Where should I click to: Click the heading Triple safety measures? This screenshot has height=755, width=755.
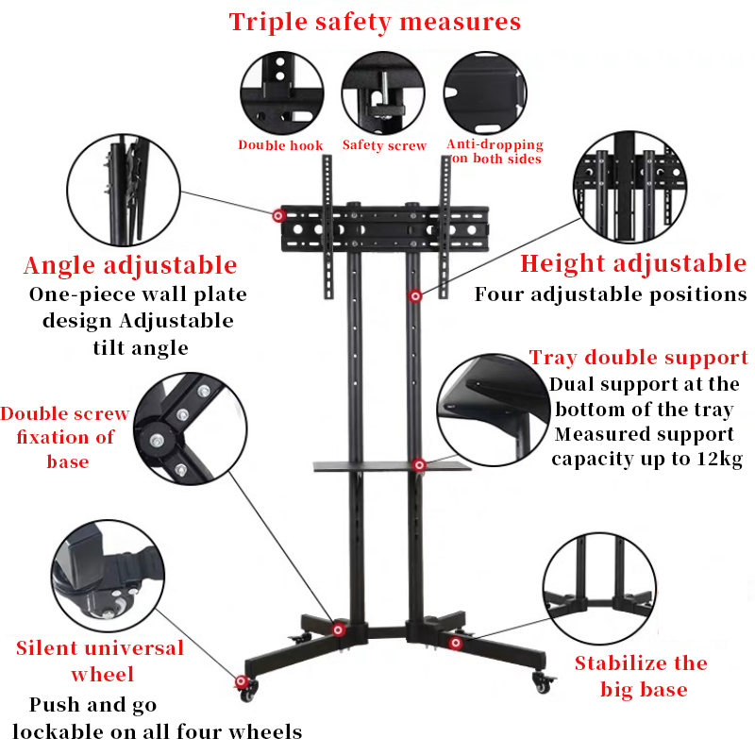(375, 22)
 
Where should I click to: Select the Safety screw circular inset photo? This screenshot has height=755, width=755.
(382, 92)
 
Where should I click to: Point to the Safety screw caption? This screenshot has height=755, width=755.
(384, 145)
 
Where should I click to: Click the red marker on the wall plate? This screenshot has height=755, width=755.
(278, 216)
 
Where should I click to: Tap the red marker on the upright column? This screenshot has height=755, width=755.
(414, 297)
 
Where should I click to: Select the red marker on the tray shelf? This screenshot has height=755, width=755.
(418, 464)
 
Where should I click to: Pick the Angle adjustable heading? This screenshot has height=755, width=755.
(130, 264)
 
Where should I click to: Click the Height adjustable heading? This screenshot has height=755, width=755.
(633, 263)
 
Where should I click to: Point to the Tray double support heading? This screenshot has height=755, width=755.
(639, 358)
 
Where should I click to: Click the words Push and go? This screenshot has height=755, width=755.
(93, 705)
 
